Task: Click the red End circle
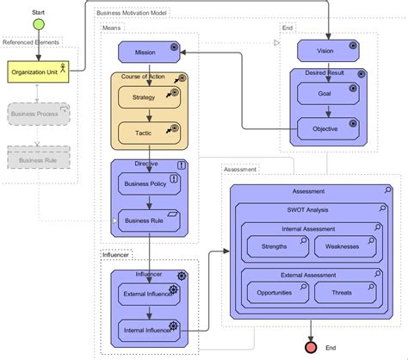point(312,347)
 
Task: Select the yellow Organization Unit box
point(38,72)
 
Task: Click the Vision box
point(325,52)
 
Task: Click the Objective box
point(325,130)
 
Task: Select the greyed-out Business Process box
point(38,113)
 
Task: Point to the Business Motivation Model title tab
point(133,14)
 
